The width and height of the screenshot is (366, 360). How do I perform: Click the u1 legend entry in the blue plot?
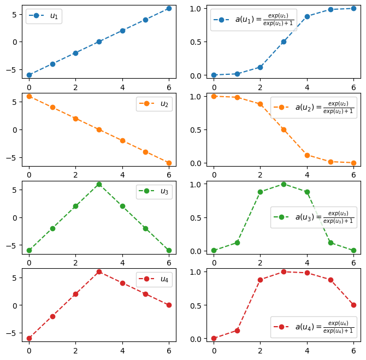54,16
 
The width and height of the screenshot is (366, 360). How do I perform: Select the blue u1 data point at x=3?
99,42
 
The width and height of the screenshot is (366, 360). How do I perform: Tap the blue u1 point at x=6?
169,8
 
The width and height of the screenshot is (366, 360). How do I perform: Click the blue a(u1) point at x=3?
284,42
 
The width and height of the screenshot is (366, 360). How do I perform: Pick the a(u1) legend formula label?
264,20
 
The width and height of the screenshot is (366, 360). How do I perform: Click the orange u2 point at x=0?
29,96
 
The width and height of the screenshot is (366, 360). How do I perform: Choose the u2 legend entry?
164,104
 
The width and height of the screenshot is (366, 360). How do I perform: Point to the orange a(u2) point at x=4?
307,155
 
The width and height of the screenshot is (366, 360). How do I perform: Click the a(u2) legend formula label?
324,108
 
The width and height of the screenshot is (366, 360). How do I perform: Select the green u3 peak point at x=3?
99,184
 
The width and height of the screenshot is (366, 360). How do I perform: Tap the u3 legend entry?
164,192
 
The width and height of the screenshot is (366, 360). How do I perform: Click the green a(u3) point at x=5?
330,243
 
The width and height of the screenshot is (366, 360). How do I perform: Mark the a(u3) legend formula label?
324,217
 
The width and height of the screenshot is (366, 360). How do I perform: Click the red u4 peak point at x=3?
99,272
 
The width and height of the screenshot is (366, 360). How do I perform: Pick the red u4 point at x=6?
169,305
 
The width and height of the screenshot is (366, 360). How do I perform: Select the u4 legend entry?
164,279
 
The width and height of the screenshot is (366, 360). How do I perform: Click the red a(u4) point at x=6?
353,305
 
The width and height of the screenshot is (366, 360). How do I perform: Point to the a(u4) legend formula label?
324,327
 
